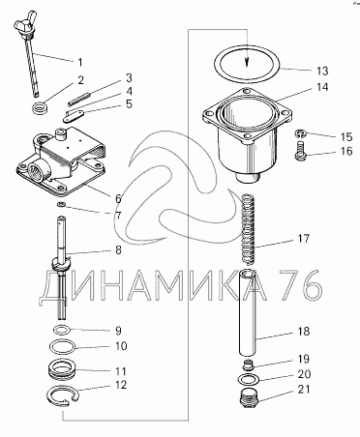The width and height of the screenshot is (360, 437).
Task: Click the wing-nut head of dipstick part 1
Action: (x=24, y=23)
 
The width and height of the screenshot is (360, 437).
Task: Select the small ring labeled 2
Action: (x=41, y=107)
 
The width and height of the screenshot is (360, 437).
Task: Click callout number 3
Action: (x=129, y=78)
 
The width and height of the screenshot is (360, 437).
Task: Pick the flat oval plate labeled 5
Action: (x=74, y=116)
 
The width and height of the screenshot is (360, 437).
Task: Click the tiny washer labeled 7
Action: (x=61, y=204)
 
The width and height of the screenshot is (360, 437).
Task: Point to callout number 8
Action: (x=118, y=250)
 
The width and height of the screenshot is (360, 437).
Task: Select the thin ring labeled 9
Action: (x=61, y=331)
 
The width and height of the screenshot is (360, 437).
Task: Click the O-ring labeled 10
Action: (x=62, y=347)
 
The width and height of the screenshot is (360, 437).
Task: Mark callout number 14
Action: (x=321, y=87)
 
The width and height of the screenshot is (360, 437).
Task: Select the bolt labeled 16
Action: (x=300, y=150)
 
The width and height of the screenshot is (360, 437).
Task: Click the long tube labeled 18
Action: (x=248, y=311)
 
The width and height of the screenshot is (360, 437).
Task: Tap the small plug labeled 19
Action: (x=248, y=364)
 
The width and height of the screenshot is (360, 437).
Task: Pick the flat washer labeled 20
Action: (x=248, y=380)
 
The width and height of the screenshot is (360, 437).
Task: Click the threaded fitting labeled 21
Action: (x=249, y=397)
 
